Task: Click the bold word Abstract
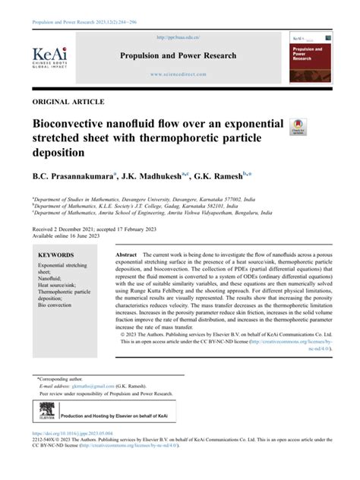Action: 125,254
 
